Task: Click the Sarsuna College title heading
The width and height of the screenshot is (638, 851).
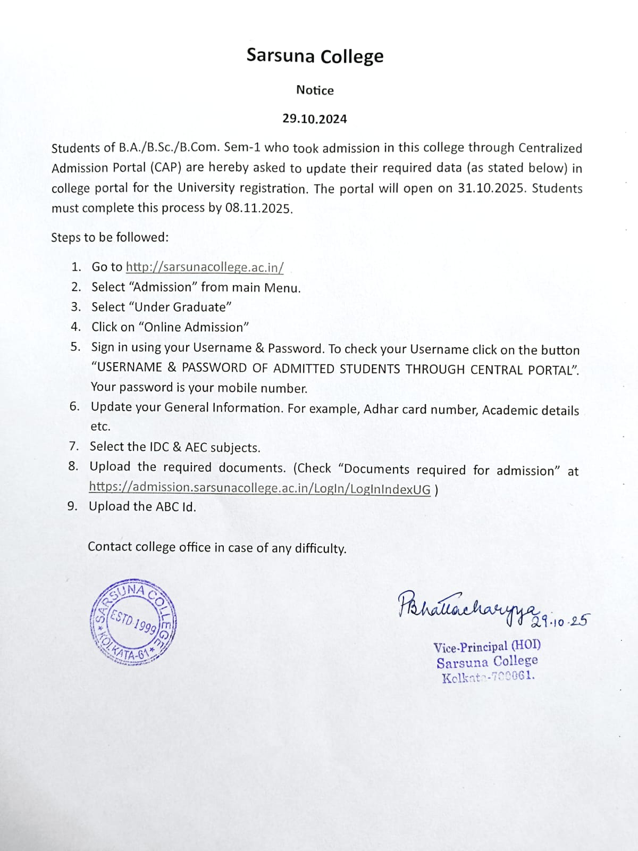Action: pyautogui.click(x=315, y=56)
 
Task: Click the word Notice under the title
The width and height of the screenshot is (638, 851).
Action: pyautogui.click(x=315, y=90)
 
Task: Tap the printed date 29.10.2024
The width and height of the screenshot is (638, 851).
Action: pyautogui.click(x=315, y=119)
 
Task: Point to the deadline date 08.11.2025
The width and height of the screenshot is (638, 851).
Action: pyautogui.click(x=258, y=208)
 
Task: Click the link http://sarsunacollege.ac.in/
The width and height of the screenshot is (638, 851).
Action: pyautogui.click(x=205, y=267)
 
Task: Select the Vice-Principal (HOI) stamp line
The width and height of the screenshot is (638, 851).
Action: pyautogui.click(x=487, y=646)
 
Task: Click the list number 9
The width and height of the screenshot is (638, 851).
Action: pyautogui.click(x=72, y=506)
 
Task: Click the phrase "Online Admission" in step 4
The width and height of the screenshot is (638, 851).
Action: pyautogui.click(x=194, y=327)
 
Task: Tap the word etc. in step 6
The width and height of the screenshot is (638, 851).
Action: pyautogui.click(x=100, y=427)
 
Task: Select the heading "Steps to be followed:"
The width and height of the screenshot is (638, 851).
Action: pyautogui.click(x=110, y=237)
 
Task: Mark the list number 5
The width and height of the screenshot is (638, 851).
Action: pyautogui.click(x=75, y=347)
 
